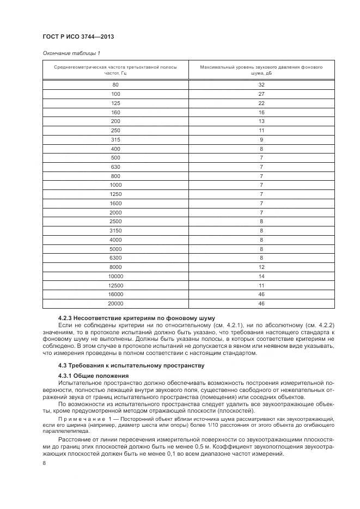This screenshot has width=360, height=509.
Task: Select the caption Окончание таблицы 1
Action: click(71, 53)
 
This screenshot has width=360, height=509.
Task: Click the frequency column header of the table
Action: click(115, 70)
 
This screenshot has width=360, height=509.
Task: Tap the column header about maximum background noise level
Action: click(261, 70)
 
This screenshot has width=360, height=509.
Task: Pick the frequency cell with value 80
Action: click(115, 85)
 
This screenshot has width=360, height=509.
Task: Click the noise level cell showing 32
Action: click(261, 85)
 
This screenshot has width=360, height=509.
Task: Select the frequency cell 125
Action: click(115, 103)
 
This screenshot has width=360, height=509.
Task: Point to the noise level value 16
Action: click(261, 112)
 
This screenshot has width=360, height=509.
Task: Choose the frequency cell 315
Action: click(115, 139)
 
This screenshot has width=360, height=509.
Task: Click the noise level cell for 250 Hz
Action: click(261, 130)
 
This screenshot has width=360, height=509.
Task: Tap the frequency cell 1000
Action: click(115, 185)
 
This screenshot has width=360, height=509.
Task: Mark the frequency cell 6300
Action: click(115, 257)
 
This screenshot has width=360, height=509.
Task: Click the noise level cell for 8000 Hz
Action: click(261, 267)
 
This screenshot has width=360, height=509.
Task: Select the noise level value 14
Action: click(261, 276)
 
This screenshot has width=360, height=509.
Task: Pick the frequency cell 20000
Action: click(115, 303)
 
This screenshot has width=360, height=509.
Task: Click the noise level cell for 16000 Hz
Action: click(261, 294)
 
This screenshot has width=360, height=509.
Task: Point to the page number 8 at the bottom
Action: click(44, 463)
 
